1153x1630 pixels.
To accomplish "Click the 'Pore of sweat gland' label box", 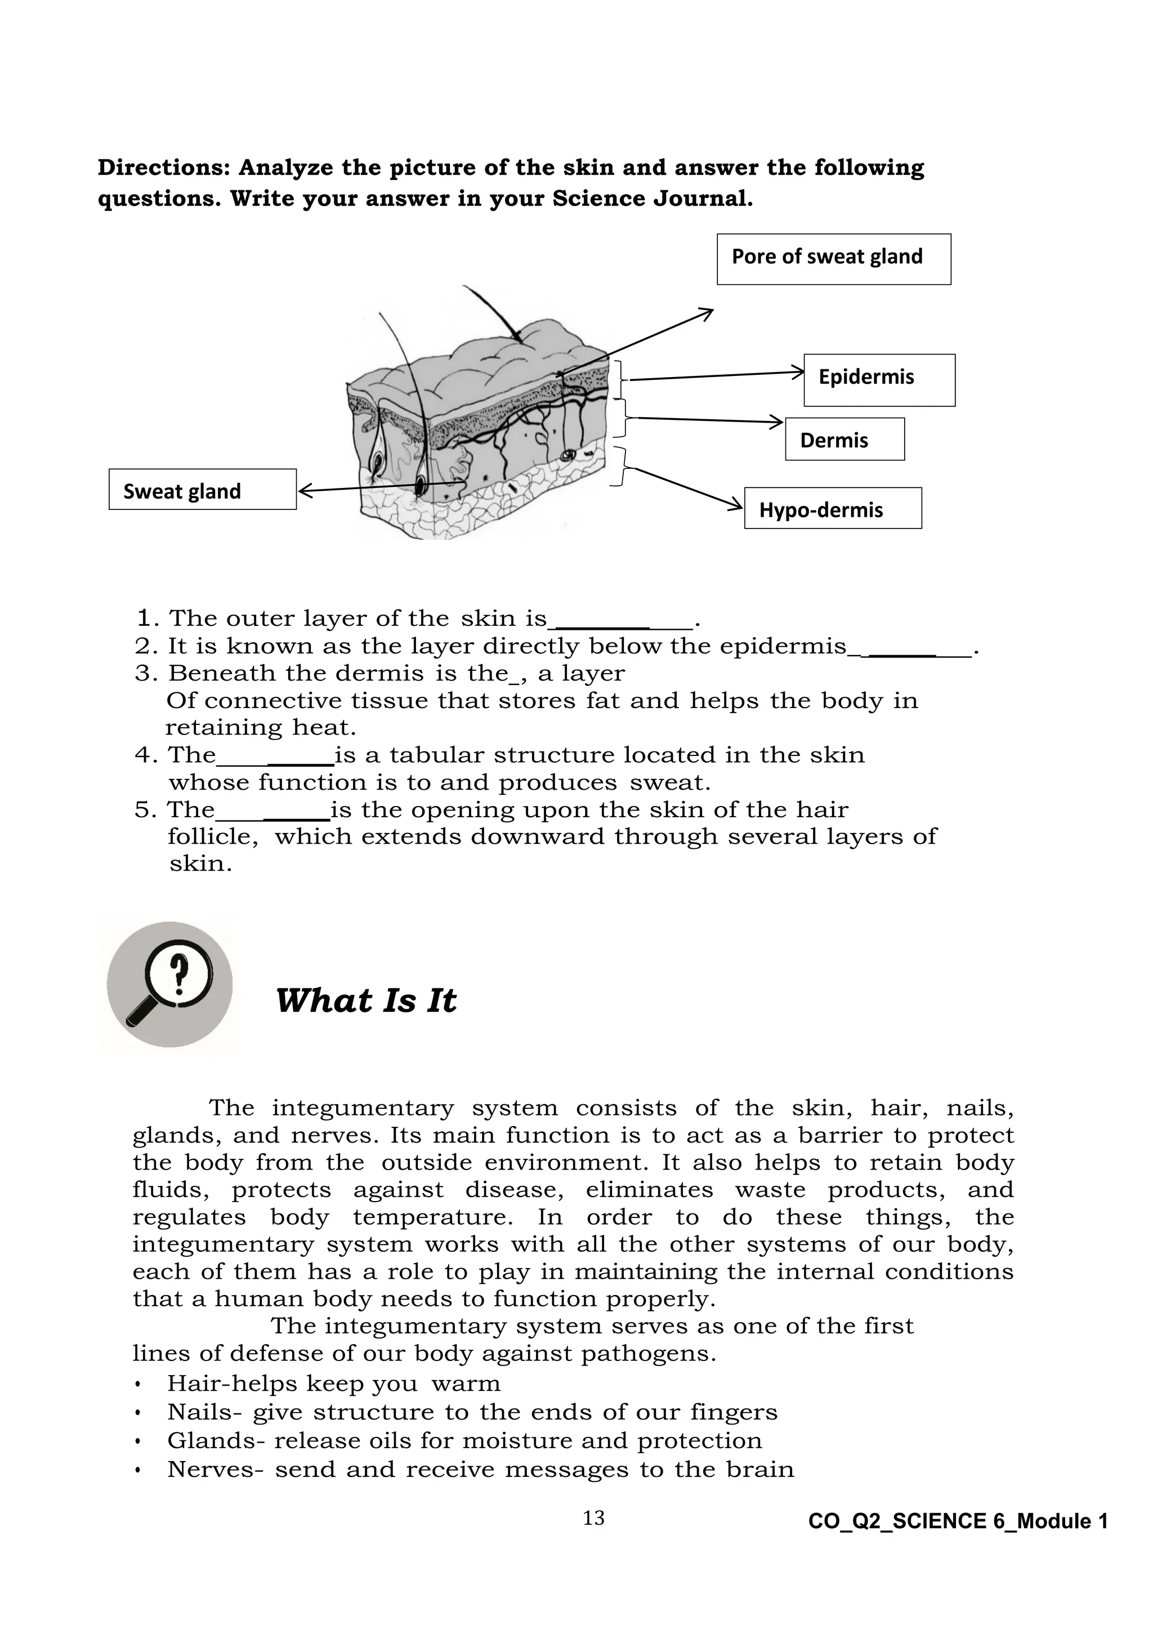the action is pos(834,259).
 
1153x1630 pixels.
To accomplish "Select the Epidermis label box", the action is pos(879,380).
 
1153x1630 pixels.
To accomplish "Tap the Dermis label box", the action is pos(844,440).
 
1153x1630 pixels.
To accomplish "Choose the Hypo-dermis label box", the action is pos(832,508).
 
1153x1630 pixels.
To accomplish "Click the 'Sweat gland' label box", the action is pos(202,489).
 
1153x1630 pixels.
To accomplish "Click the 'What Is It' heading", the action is pos(365,1000).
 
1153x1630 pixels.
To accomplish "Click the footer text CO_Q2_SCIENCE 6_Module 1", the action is pos(958,1521).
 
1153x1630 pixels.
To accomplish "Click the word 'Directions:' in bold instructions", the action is pos(164,168).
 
